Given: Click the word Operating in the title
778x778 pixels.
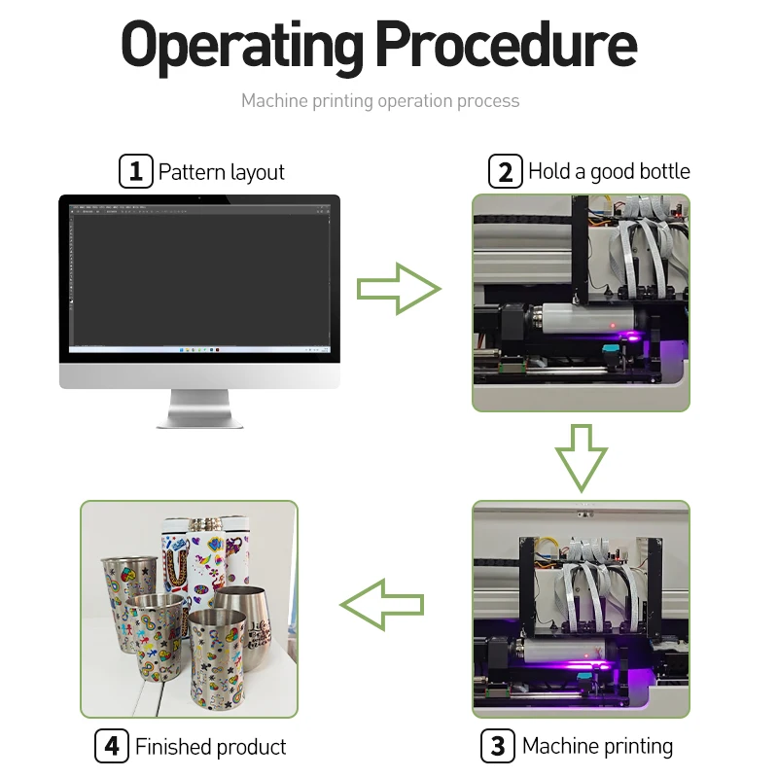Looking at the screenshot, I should click(241, 45).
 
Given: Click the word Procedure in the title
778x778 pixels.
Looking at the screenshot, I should click(506, 45).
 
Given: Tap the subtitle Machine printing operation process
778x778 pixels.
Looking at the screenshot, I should click(380, 101).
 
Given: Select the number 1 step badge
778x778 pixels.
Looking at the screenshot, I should click(135, 172).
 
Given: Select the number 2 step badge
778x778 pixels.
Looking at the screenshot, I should click(505, 172).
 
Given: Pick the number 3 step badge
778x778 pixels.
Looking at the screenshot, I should click(497, 747).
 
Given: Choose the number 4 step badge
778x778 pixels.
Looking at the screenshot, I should click(112, 747).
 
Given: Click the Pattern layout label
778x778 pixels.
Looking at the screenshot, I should click(222, 173).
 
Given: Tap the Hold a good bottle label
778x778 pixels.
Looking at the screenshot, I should click(609, 172).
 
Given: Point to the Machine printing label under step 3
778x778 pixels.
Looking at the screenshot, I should click(597, 747).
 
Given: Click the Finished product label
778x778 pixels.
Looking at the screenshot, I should click(211, 748).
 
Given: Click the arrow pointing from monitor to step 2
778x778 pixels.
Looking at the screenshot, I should click(398, 289).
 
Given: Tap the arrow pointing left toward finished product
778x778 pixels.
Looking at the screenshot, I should click(382, 605).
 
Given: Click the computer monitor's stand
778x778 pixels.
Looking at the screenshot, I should click(199, 408).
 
